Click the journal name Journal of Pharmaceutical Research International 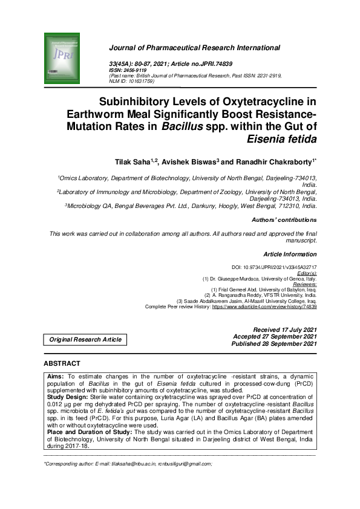tap(194, 48)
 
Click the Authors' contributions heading tap(283, 220)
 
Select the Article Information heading tap(290, 254)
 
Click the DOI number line tap(274, 267)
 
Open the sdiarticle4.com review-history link tap(264, 306)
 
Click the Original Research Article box tap(86, 340)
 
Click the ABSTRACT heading tap(62, 363)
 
